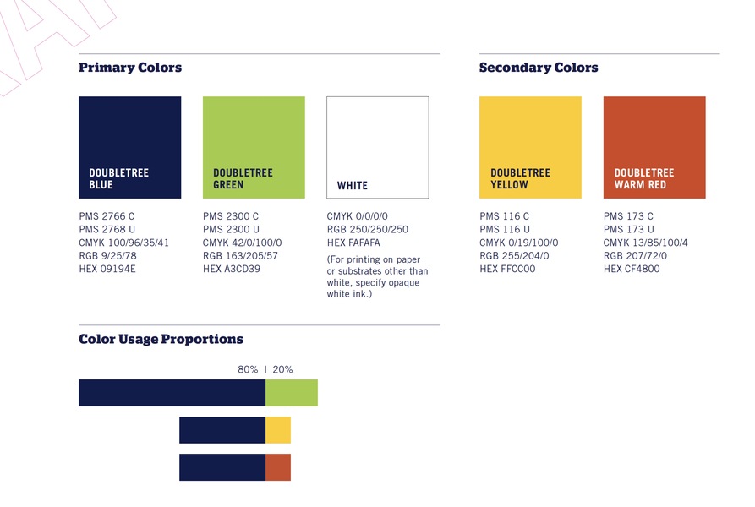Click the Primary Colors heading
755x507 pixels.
coord(130,68)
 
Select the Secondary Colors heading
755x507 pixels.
coord(539,68)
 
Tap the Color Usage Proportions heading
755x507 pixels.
coord(161,339)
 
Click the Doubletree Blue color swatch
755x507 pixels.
coord(130,147)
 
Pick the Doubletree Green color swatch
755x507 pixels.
coord(254,147)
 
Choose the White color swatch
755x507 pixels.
coord(377,147)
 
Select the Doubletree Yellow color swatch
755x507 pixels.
coord(530,147)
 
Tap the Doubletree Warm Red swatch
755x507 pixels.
coord(654,147)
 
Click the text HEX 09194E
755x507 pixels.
coord(107,269)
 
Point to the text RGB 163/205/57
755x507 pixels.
coord(240,256)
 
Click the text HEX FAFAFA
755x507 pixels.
coord(353,243)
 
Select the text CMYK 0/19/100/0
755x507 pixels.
coord(519,243)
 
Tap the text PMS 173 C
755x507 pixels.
coord(628,216)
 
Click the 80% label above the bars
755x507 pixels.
coord(248,369)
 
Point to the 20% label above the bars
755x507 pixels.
coord(282,369)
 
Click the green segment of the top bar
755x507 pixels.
coord(292,393)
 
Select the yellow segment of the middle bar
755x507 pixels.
coord(278,430)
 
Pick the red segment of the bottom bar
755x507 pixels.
coord(278,467)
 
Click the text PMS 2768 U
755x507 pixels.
coord(107,230)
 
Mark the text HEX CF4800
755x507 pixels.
coord(632,269)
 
